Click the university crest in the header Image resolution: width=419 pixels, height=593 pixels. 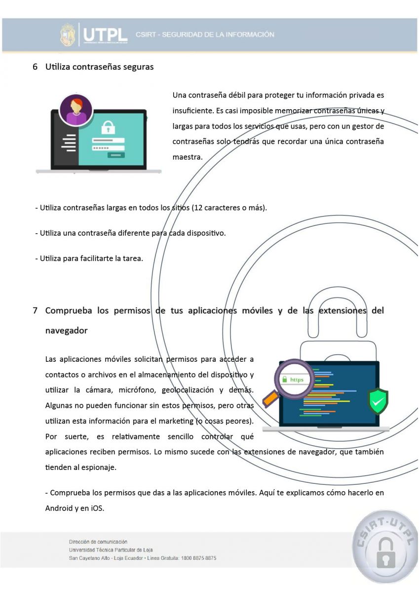click(x=68, y=35)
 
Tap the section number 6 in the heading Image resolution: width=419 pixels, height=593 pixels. click(x=35, y=67)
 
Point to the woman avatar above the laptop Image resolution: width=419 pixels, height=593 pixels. click(x=76, y=109)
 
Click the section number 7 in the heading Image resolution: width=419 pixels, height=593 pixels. click(x=35, y=311)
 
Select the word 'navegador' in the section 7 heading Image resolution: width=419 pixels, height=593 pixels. click(x=66, y=331)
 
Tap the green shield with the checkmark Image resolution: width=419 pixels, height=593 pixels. click(x=378, y=401)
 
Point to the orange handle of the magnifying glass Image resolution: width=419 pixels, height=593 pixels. click(x=270, y=398)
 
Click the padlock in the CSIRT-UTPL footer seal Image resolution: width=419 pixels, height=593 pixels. click(x=385, y=552)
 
